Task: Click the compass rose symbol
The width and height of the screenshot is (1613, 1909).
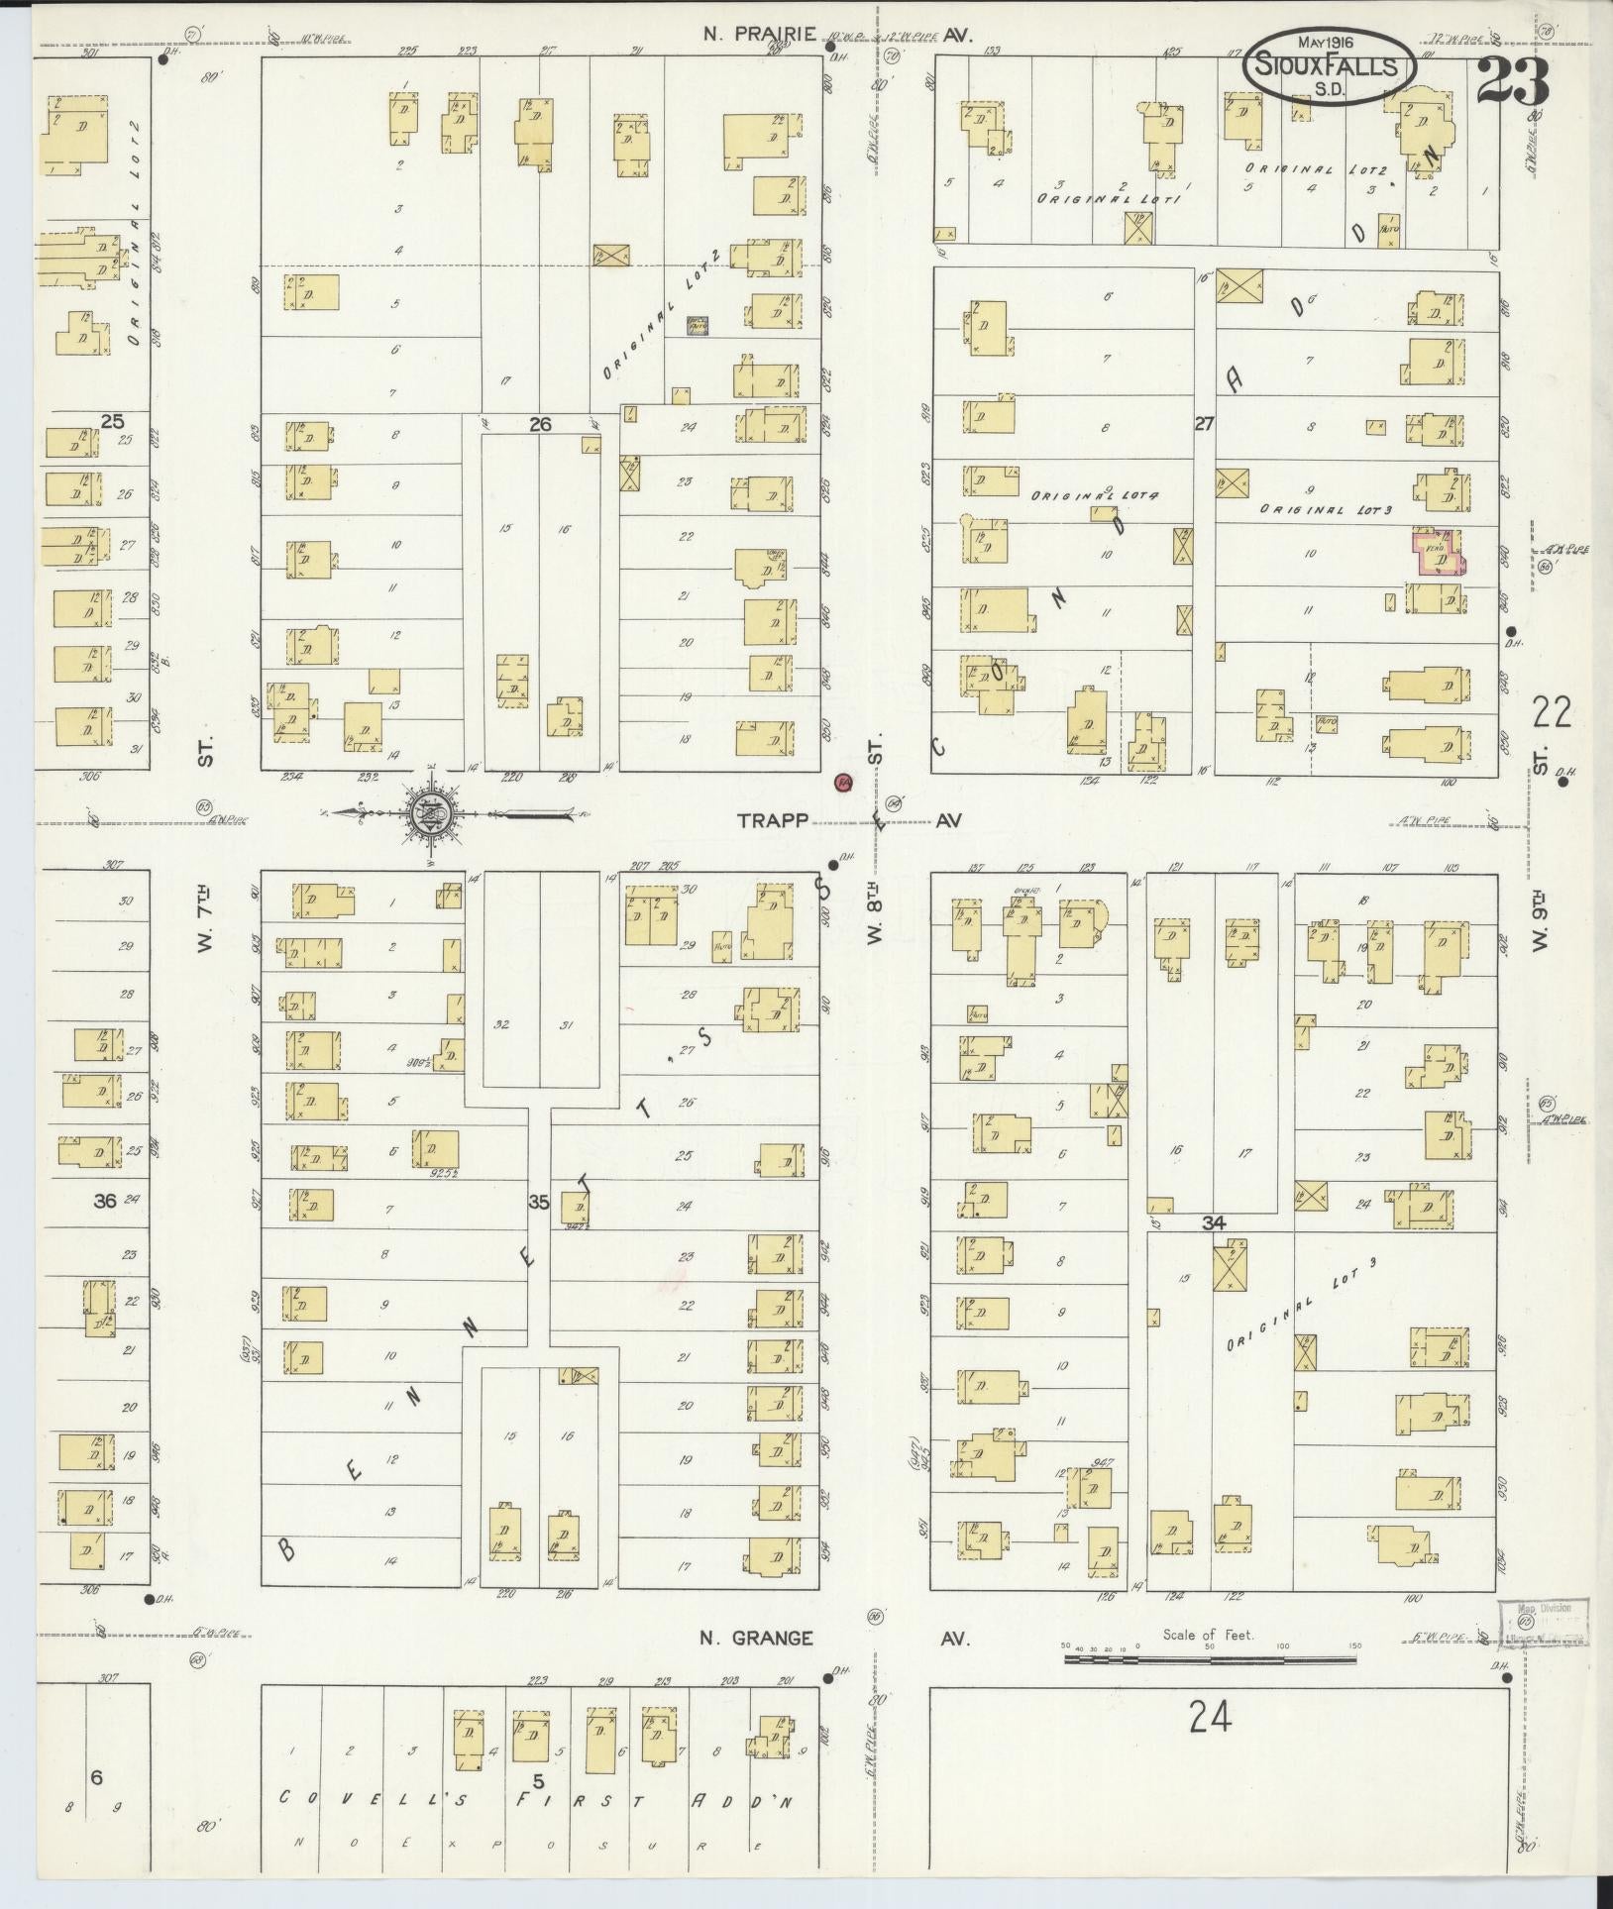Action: [433, 814]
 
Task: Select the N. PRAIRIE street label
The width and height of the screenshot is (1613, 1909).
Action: [760, 35]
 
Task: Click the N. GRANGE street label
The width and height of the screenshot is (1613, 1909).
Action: [756, 1639]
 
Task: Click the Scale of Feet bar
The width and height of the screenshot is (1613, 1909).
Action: [1210, 1656]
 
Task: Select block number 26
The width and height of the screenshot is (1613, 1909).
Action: [539, 424]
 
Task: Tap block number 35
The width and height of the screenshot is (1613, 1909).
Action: [538, 1203]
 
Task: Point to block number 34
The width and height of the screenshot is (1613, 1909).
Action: [1213, 1223]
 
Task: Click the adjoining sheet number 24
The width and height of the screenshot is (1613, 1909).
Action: [1210, 1717]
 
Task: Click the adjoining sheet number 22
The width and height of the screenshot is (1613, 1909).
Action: [1551, 711]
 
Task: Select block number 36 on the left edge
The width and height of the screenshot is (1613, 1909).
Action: [104, 1201]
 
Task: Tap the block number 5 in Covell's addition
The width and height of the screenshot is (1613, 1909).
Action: [539, 1782]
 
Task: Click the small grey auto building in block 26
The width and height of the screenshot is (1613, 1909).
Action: [698, 324]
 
